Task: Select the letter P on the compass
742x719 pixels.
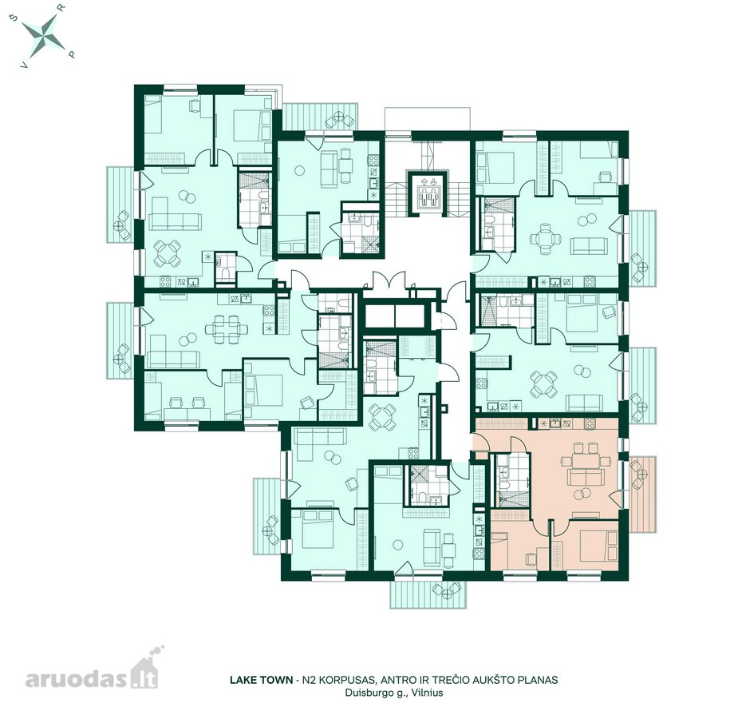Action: pos(73,54)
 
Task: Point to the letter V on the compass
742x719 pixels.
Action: pos(22,66)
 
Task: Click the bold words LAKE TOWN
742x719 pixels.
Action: pos(261,680)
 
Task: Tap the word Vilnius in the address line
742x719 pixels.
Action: pos(428,693)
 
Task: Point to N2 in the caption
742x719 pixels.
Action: pos(309,680)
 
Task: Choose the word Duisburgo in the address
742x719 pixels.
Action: pos(365,693)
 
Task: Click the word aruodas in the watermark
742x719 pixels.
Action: pos(77,680)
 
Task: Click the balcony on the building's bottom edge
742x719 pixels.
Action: pos(431,594)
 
